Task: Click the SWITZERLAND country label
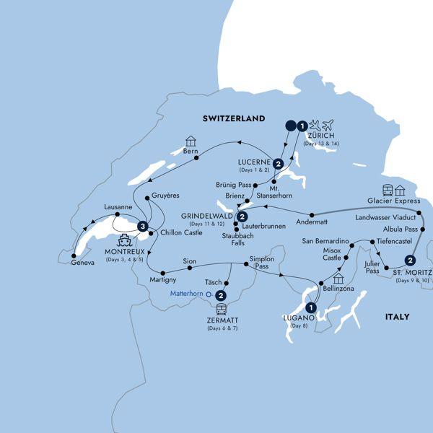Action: [232, 118]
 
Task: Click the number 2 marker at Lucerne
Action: [278, 164]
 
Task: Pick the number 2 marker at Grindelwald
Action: [242, 216]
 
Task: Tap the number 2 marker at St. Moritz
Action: [411, 261]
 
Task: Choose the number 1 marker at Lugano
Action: [312, 306]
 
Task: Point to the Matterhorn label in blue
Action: [185, 294]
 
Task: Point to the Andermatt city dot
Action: [311, 214]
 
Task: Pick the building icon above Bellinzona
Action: [337, 278]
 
